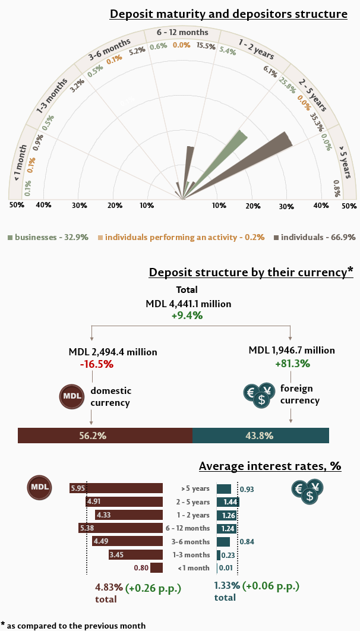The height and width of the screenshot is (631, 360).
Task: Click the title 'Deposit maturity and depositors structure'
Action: [228, 14]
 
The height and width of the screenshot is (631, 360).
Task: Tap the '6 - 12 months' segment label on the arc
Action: [182, 32]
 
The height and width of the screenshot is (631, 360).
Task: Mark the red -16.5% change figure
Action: [96, 364]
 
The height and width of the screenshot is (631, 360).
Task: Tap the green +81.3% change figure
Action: [292, 363]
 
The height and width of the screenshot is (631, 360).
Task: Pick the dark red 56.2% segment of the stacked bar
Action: [105, 436]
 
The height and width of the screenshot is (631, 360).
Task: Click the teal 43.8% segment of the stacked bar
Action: [260, 436]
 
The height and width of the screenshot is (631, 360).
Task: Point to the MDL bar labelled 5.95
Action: [116, 488]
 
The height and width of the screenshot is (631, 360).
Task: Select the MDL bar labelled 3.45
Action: [135, 555]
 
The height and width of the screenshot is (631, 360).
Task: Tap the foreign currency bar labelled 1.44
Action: [228, 502]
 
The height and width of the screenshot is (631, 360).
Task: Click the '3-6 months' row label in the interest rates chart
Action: [194, 542]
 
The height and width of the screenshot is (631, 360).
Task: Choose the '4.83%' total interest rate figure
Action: [109, 587]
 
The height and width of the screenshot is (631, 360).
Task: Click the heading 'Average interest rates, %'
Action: [270, 466]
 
